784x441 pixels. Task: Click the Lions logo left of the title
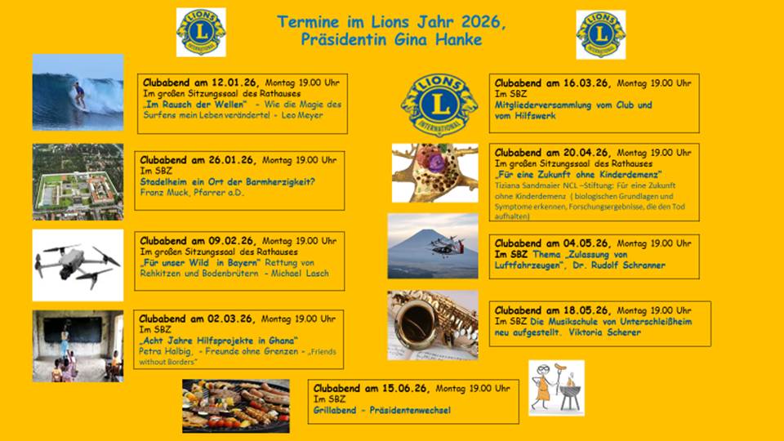coord(201,33)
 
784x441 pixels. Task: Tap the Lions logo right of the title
coord(600,34)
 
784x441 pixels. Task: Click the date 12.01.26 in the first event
coord(234,82)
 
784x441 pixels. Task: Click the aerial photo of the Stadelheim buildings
coord(78,181)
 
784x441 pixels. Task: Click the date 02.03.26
coord(233,318)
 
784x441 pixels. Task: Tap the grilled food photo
coord(235,405)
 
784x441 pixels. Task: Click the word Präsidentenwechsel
coord(409,410)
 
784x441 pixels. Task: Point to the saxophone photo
coord(433,324)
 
